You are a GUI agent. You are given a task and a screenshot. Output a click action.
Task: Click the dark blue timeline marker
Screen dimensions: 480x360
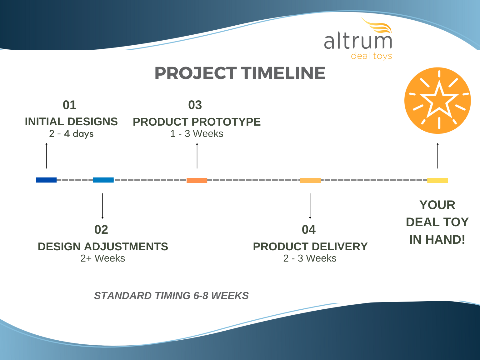[x=46, y=180]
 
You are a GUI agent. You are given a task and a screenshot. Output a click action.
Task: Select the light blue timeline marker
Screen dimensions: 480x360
[x=103, y=180]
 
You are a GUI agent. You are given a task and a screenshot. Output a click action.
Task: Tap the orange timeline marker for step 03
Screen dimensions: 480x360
[x=197, y=180]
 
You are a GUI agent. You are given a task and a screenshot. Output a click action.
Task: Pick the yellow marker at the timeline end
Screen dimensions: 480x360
[x=437, y=180]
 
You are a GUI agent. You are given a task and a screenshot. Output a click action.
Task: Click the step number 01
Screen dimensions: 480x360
[x=70, y=105]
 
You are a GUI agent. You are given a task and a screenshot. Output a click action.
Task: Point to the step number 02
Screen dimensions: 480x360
[x=101, y=230]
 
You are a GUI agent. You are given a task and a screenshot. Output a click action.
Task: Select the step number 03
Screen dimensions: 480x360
[x=195, y=105]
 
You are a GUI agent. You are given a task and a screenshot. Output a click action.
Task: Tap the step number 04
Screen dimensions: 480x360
[x=308, y=230]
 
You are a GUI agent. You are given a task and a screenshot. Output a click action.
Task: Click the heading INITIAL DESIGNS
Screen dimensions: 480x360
[x=71, y=122]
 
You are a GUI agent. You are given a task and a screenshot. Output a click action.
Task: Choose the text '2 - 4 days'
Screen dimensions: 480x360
[x=71, y=133]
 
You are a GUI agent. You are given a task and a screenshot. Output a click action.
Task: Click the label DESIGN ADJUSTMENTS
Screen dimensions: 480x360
[x=103, y=247]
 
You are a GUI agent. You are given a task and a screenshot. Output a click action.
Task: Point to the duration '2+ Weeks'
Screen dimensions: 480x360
[x=103, y=258]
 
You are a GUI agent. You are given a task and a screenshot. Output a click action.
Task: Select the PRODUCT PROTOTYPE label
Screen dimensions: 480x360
[x=197, y=122]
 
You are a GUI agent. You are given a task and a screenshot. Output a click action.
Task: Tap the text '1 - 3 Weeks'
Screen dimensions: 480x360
[x=197, y=133]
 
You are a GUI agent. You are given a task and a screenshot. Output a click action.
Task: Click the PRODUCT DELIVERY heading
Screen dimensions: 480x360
[x=310, y=247]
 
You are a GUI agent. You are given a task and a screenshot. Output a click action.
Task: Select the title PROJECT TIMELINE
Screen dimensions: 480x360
[x=240, y=73]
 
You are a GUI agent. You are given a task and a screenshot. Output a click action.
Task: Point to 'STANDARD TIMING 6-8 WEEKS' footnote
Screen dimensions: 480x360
[x=172, y=296]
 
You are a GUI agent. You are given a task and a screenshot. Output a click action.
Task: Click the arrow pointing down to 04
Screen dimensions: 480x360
[x=310, y=206]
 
